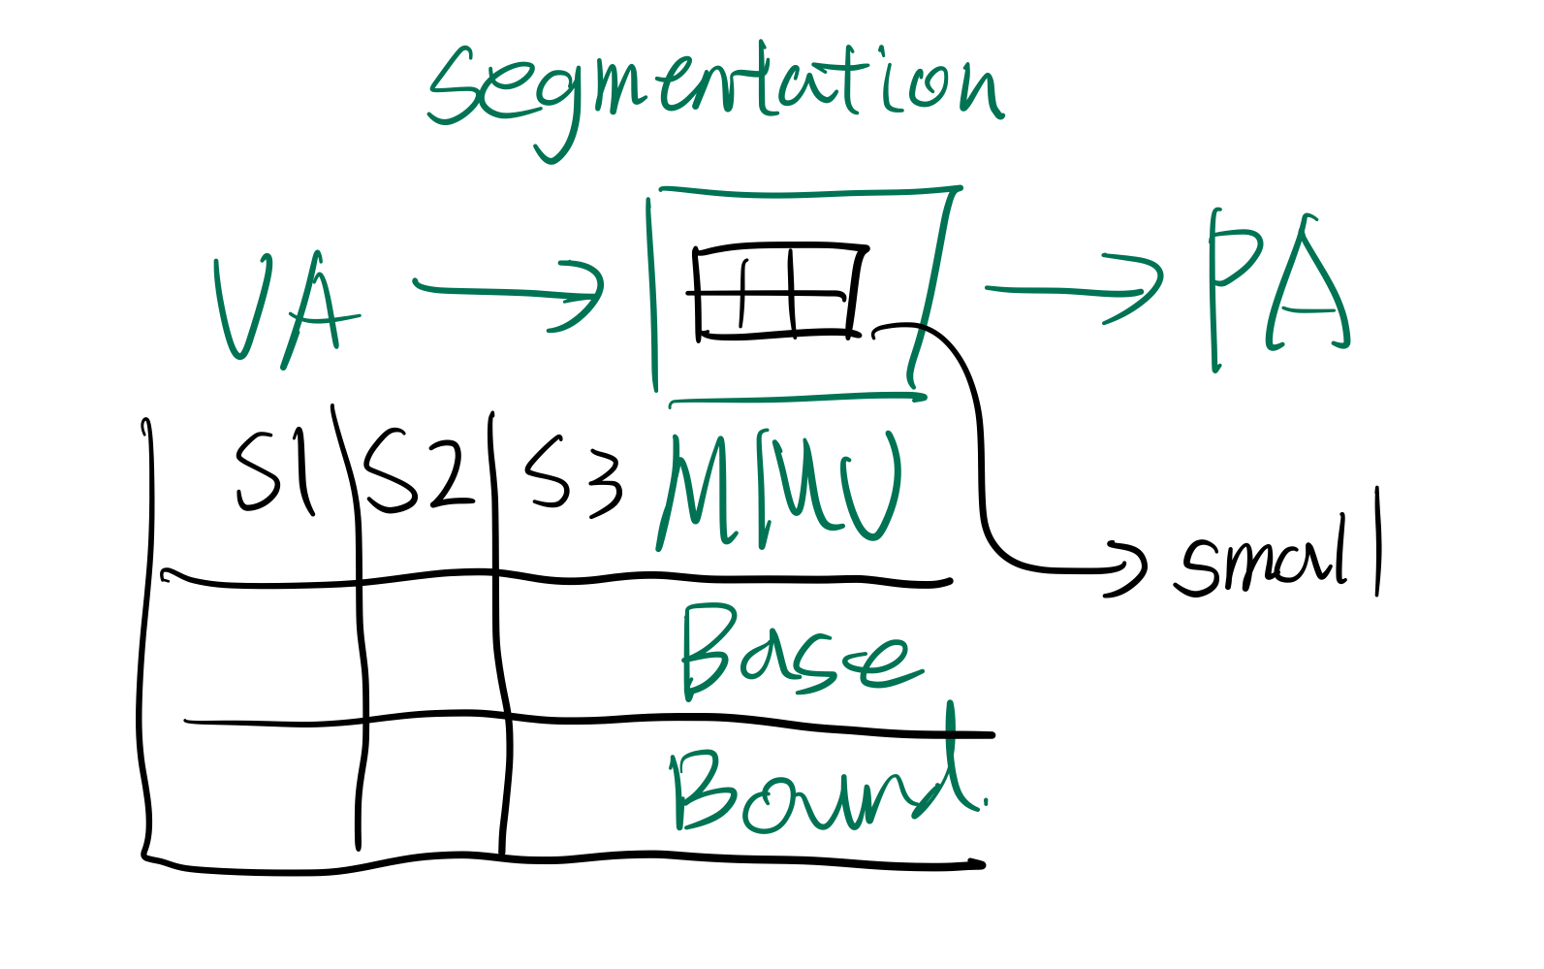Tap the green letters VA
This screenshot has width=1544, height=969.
pos(283,308)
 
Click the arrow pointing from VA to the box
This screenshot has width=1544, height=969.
pos(509,292)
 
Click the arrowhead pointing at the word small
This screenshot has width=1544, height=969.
pos(1127,567)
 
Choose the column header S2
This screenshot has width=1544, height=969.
pos(417,471)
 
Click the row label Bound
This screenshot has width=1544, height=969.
pos(824,791)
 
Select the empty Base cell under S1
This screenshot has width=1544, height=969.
pos(257,652)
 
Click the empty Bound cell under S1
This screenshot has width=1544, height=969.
pos(254,791)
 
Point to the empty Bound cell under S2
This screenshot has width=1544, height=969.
pos(434,788)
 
